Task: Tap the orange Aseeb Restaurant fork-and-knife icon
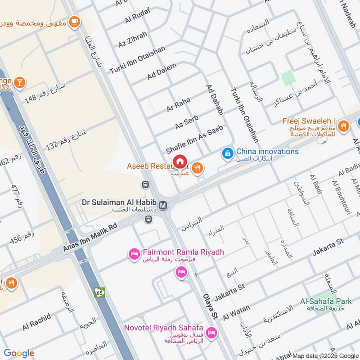coord(197,169)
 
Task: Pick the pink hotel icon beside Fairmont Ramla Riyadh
coord(134,255)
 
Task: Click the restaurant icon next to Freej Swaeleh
coord(343,126)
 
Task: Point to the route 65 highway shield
coord(100,292)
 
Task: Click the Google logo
coord(19,353)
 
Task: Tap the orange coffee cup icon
coord(74,21)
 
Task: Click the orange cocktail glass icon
coord(19,82)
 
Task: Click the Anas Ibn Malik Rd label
coord(90,237)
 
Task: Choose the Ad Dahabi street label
coord(215,100)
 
